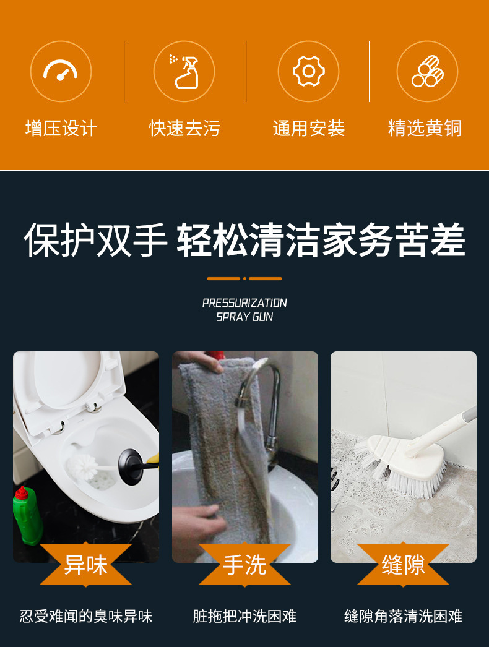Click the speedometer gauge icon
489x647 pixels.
[61, 71]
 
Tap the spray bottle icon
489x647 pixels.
[184, 71]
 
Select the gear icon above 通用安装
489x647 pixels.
[308, 71]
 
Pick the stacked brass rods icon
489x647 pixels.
[427, 71]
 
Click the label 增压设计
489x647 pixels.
[61, 129]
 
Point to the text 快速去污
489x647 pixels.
[184, 129]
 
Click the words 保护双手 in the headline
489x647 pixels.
[96, 240]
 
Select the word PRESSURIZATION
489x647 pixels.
[244, 303]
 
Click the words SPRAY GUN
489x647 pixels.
[244, 317]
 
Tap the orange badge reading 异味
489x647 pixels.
[86, 564]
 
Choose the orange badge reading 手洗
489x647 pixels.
[244, 564]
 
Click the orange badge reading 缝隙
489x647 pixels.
[403, 564]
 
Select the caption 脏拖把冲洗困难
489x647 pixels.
[244, 616]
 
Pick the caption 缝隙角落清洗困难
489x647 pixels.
[403, 616]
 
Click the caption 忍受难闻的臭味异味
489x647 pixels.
[86, 616]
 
